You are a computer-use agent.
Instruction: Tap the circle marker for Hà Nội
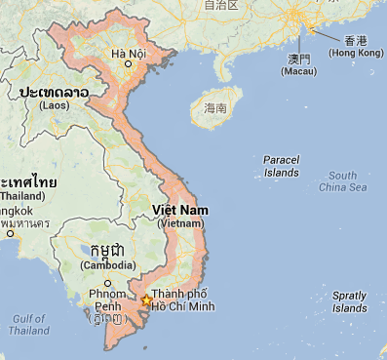(x=128, y=64)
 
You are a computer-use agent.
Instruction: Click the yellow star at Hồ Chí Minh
(x=146, y=300)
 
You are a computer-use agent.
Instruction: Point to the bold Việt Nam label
(x=180, y=211)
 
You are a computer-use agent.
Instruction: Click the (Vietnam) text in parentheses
(x=180, y=223)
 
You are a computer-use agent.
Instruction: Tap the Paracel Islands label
(x=281, y=166)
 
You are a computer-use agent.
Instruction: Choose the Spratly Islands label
(x=349, y=301)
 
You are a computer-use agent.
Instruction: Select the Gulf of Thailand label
(x=29, y=325)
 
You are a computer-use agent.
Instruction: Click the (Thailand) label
(x=21, y=195)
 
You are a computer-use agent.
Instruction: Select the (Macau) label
(x=298, y=71)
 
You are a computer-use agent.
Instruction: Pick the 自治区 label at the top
(x=221, y=5)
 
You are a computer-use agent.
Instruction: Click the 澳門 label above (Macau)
(x=298, y=59)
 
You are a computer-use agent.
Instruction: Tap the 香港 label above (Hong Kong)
(x=355, y=40)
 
